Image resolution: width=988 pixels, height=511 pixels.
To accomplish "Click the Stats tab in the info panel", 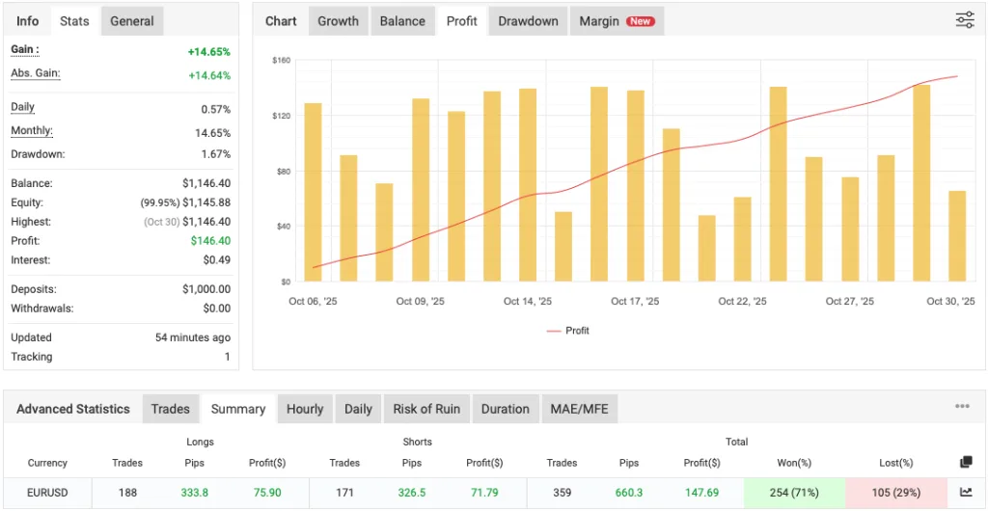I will pyautogui.click(x=74, y=21).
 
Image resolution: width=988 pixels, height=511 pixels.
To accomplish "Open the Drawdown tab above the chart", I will pyautogui.click(x=528, y=21).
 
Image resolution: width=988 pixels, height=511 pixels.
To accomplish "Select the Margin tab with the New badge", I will pyautogui.click(x=616, y=21).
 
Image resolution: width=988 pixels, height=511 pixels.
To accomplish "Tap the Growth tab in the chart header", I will pyautogui.click(x=338, y=21).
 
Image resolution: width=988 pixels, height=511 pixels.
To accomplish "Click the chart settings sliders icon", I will pyautogui.click(x=964, y=20).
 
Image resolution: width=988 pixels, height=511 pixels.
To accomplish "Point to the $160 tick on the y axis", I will pyautogui.click(x=281, y=60).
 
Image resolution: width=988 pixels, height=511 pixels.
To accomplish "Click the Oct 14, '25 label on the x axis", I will pyautogui.click(x=527, y=302).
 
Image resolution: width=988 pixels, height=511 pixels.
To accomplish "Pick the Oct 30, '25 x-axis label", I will pyautogui.click(x=950, y=302).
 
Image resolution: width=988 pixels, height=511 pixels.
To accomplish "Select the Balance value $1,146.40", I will pyautogui.click(x=206, y=183).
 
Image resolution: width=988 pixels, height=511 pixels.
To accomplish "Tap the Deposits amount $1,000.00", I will pyautogui.click(x=206, y=289).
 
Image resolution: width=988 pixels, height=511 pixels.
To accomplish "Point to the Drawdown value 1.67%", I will pyautogui.click(x=216, y=154).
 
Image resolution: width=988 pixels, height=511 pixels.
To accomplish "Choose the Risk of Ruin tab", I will pyautogui.click(x=426, y=409).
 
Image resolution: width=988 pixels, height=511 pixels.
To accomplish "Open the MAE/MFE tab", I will pyautogui.click(x=580, y=409).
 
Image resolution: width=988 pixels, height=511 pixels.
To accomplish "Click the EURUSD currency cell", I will pyautogui.click(x=47, y=493).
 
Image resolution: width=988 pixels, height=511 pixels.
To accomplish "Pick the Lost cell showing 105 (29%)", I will pyautogui.click(x=896, y=493).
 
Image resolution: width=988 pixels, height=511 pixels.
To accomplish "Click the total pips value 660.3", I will pyautogui.click(x=629, y=493).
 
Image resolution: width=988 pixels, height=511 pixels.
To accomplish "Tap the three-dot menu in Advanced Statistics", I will pyautogui.click(x=962, y=407).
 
